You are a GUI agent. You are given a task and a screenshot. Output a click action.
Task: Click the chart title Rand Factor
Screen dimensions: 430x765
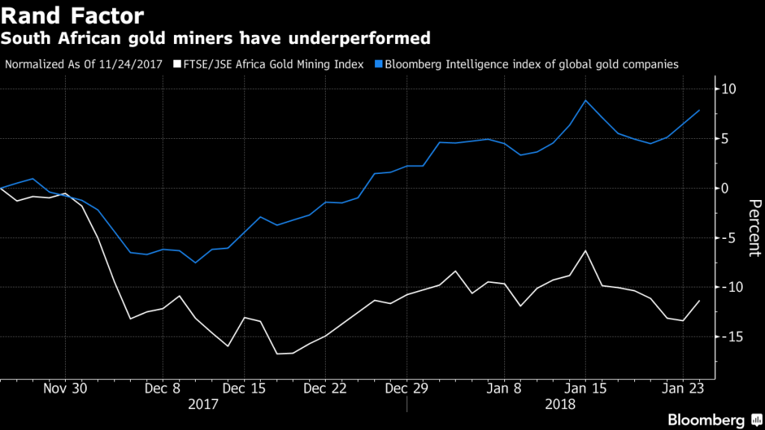(x=73, y=14)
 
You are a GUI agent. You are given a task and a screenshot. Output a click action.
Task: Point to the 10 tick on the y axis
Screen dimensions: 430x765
(x=730, y=90)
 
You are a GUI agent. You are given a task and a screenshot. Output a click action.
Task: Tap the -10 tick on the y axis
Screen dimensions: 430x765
(x=728, y=287)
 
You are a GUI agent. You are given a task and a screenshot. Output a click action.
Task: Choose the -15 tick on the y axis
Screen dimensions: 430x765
(x=728, y=337)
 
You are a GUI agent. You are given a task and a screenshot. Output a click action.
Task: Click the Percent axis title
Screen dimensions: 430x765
(x=754, y=228)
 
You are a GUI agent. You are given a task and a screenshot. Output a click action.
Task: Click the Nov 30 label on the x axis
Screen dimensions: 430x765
(x=65, y=389)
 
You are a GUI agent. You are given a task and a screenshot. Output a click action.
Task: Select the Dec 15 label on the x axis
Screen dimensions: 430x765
(x=244, y=389)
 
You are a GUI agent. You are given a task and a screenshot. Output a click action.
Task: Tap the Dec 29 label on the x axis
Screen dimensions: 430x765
(x=406, y=389)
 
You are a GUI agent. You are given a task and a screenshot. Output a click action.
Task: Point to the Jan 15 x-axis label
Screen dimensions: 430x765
(x=586, y=389)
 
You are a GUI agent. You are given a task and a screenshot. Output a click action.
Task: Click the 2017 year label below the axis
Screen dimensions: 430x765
(x=202, y=404)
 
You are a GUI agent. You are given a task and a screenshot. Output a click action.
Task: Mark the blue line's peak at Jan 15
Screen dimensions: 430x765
(x=586, y=100)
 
